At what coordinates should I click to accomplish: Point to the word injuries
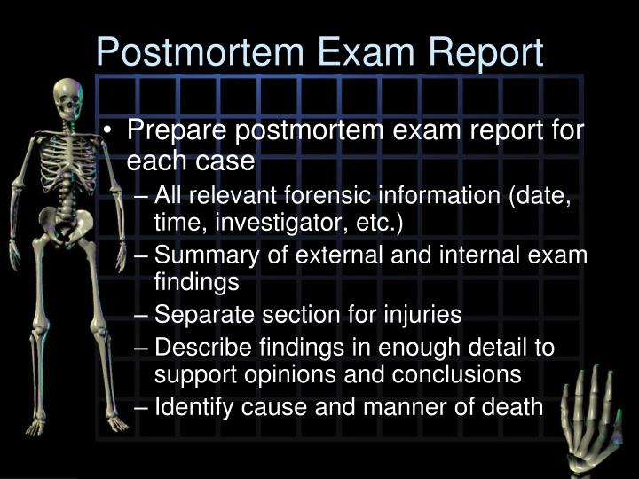click(x=421, y=314)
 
